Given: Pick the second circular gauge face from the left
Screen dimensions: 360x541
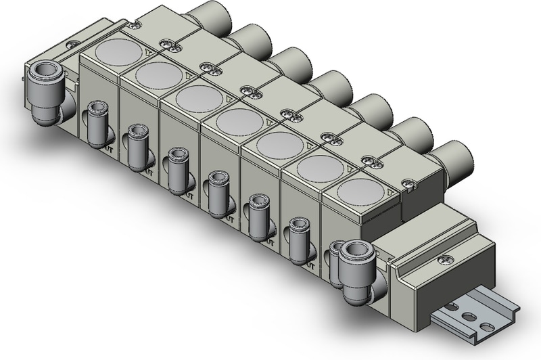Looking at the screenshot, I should pos(157,74).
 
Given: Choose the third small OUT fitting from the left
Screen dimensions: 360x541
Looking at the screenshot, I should pos(178,171).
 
